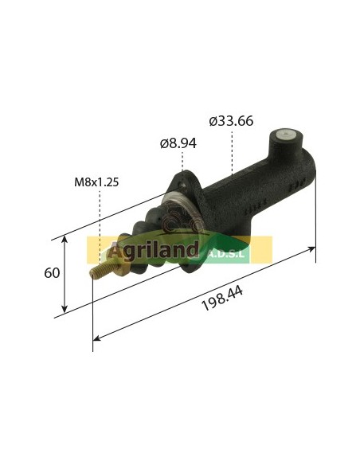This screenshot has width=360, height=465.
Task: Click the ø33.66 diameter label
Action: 231,121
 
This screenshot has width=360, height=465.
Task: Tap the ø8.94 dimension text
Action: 178,143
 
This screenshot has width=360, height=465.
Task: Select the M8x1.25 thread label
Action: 96,182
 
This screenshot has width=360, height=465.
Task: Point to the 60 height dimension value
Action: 52,273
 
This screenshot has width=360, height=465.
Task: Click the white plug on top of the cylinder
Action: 284,135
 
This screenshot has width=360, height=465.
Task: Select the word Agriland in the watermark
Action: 153,250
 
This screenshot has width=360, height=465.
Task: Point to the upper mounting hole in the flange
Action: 182,185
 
